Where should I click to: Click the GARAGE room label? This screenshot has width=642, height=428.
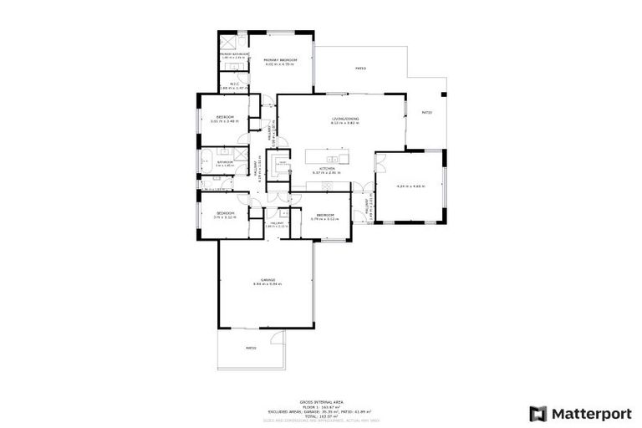click(267, 279)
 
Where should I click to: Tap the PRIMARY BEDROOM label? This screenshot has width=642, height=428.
click(281, 60)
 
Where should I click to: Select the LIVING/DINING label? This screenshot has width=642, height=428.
click(344, 120)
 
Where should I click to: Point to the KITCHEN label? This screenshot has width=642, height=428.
click(326, 168)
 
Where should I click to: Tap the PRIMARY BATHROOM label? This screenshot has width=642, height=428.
click(235, 54)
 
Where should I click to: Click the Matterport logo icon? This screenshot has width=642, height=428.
click(538, 413)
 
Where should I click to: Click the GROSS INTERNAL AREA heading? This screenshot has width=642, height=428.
click(320, 402)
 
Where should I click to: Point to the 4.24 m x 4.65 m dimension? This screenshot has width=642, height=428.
click(411, 186)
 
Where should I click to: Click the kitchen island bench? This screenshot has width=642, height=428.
click(327, 157)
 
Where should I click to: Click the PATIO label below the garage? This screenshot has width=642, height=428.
click(251, 348)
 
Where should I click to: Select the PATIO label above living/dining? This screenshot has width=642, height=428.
click(360, 69)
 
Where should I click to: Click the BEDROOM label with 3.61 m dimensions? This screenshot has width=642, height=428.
click(225, 116)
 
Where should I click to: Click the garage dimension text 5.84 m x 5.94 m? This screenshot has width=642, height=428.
click(267, 284)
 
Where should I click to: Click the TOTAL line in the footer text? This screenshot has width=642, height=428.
click(320, 415)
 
